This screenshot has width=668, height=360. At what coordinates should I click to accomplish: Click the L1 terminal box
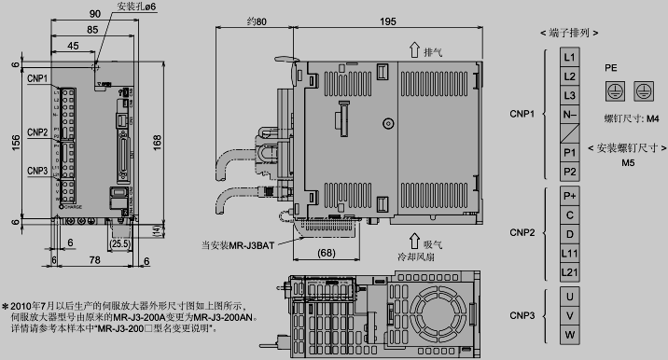tap(571, 56)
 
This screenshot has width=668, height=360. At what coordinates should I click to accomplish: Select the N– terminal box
tap(571, 115)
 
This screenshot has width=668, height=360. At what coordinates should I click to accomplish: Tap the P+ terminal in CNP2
tap(571, 196)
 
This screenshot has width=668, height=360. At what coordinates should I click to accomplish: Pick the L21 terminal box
tap(571, 271)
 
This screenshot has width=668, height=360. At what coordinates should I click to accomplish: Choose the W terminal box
tap(571, 334)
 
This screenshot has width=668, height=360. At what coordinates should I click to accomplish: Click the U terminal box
tap(571, 296)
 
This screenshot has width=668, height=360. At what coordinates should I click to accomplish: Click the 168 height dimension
tap(158, 141)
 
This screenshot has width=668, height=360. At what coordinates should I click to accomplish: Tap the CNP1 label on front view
tap(37, 77)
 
